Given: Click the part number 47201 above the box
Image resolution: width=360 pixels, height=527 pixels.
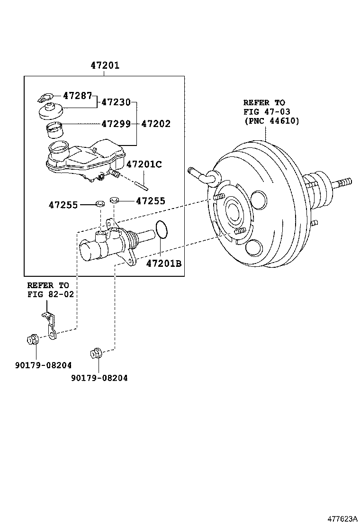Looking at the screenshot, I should pos(105,66).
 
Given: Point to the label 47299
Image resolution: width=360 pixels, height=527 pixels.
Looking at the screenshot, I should pos(116,124).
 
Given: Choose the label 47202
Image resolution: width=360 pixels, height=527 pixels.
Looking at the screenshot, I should pos(156,124).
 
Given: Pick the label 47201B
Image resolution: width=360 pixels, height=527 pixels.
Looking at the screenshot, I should pos(163,263).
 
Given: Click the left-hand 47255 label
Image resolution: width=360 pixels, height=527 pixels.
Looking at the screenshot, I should pos(63,205).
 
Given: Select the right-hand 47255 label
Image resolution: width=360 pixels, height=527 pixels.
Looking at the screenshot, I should pos(151,201).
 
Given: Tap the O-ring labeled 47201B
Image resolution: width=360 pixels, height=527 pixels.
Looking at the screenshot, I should pos(162,229).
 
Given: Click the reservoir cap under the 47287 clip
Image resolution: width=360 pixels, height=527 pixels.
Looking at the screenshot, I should pos(50,113).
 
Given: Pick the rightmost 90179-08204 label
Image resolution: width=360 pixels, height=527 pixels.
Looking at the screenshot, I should pos(99,378).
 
